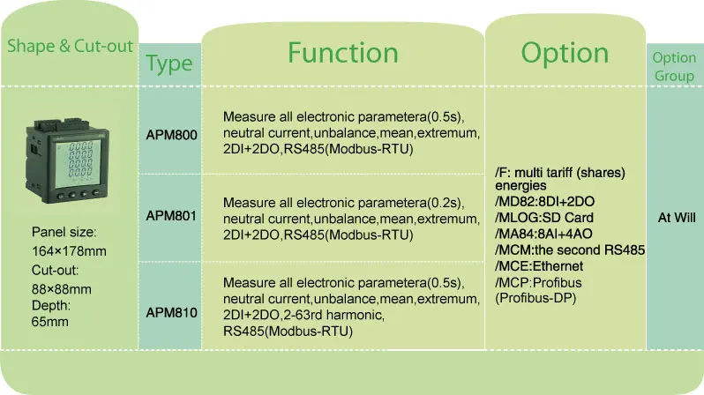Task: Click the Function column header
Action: pos(343,53)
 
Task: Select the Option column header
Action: pos(565,53)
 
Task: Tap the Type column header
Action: pos(169,63)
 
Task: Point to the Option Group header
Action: pos(673,65)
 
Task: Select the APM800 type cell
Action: pos(171,136)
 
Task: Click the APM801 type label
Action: pos(171,215)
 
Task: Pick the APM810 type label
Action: pos(171,312)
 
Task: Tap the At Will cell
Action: pos(673,216)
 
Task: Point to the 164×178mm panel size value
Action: pos(69,251)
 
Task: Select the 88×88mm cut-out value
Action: pos(62,288)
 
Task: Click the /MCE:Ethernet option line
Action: pos(539,265)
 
